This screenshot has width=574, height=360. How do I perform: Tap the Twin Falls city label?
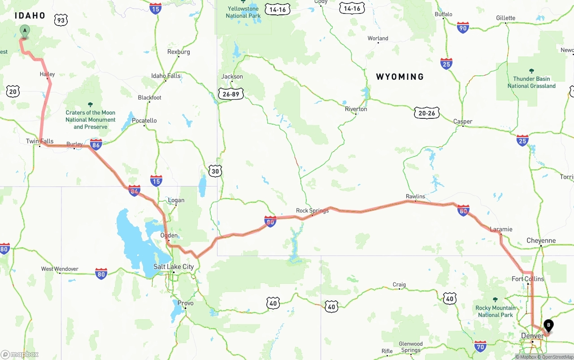tap(39, 141)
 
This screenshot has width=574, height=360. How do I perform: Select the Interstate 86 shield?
tap(96, 144)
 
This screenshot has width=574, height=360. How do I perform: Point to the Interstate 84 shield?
tap(134, 191)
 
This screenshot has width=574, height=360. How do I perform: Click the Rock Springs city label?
tap(312, 211)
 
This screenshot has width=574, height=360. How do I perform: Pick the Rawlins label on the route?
tap(415, 196)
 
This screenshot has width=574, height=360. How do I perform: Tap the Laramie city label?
tap(501, 229)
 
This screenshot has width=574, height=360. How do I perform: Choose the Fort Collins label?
tap(528, 279)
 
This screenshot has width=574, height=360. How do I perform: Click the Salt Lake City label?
tap(174, 267)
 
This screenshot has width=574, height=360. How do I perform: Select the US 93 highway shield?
tap(61, 20)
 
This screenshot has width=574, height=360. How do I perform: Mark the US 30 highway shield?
tap(215, 171)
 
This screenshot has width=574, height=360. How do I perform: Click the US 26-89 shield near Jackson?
tap(231, 94)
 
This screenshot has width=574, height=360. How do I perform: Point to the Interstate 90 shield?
tap(463, 28)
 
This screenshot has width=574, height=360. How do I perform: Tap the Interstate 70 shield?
tap(480, 346)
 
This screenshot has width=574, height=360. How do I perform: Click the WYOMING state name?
tap(400, 77)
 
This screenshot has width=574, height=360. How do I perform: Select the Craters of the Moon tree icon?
tap(90, 104)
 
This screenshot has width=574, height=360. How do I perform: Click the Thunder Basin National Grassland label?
tap(531, 82)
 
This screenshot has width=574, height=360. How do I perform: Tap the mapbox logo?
tap(20, 354)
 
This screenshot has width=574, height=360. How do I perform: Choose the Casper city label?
tap(462, 121)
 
